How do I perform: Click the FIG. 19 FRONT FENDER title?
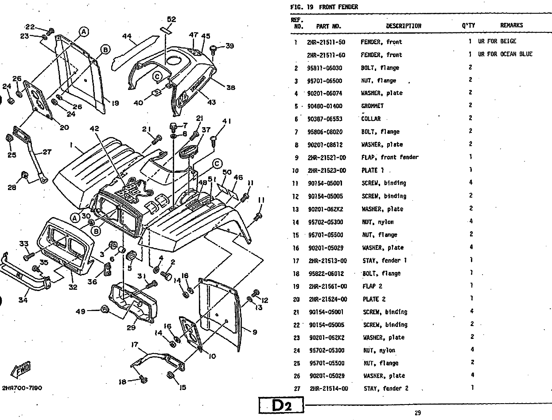point(324,7)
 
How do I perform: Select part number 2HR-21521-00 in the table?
point(327,157)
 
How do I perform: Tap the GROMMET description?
point(372,106)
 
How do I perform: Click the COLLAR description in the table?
point(371,119)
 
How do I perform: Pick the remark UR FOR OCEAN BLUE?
point(505,54)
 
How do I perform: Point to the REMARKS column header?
point(511,26)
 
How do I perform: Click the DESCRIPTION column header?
point(403,26)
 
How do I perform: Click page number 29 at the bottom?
point(417,413)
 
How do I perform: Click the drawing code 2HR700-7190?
point(22,388)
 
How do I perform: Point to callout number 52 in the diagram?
point(171,19)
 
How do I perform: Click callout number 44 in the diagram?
point(127,37)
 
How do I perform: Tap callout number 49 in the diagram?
point(80,311)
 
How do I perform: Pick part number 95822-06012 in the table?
point(327,273)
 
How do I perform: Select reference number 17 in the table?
point(296,261)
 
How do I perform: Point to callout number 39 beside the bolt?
point(229,46)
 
